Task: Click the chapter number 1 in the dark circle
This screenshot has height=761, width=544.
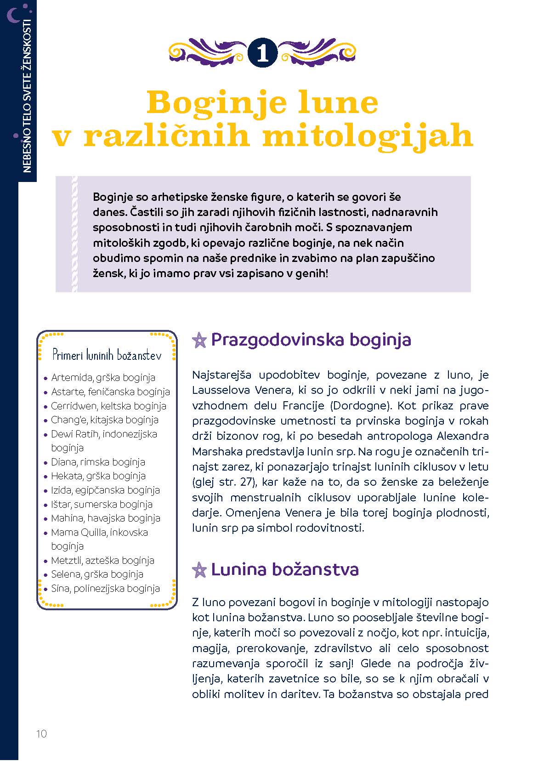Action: [262, 53]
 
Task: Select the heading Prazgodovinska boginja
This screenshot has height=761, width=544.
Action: [311, 340]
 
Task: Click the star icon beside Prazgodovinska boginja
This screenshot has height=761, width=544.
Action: [199, 341]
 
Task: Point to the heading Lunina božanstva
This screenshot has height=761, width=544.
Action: [284, 570]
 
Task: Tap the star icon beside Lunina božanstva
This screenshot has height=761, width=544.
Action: [199, 570]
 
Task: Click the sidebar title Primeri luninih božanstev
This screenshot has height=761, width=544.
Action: [107, 355]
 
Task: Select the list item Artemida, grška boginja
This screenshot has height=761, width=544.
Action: [103, 378]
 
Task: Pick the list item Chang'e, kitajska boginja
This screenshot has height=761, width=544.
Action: [104, 420]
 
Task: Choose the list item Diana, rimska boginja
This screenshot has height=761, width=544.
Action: [98, 462]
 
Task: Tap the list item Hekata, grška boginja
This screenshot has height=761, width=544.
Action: [98, 476]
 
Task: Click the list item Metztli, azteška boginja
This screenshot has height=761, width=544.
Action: [102, 561]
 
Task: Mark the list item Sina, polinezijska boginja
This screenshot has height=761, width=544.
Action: [105, 589]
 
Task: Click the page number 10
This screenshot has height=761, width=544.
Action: [41, 734]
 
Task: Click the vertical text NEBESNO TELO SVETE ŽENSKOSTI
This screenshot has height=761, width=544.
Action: [27, 97]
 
